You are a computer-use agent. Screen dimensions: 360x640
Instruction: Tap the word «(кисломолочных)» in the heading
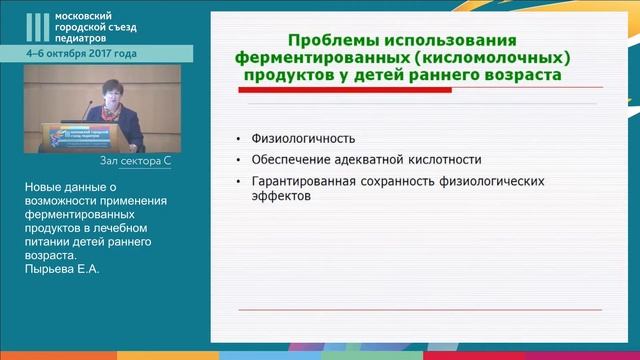488,58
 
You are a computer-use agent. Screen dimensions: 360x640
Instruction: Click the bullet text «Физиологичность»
290,138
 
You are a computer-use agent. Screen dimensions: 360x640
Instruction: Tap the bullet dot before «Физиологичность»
237,139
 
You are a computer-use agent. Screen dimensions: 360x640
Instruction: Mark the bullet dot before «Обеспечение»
237,160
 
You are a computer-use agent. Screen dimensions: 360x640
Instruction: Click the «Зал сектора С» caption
136,160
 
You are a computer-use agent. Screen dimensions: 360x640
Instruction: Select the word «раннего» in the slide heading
441,75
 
